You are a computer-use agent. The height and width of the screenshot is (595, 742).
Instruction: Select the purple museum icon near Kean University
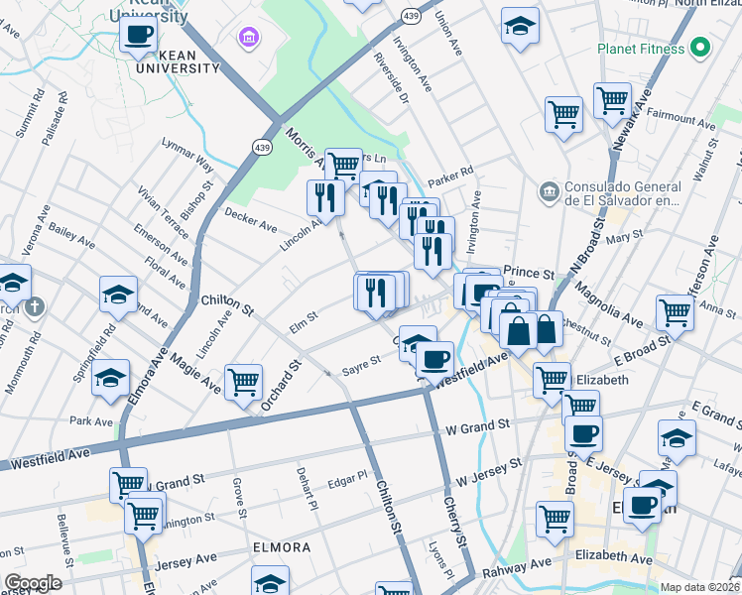[x=247, y=39]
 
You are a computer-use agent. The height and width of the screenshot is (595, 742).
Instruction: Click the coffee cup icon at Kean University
[x=139, y=35]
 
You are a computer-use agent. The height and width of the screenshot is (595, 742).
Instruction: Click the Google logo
[x=32, y=583]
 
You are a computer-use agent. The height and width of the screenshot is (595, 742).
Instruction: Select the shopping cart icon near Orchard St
[x=243, y=382]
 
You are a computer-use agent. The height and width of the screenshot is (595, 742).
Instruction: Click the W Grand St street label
[x=478, y=426]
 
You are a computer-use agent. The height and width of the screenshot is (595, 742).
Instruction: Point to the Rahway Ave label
[x=517, y=567]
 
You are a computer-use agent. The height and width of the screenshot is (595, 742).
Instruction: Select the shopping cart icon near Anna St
[x=675, y=311]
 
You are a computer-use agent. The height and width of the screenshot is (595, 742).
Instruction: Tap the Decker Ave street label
[x=251, y=219]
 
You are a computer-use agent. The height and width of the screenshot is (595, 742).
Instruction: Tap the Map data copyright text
[x=699, y=587]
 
